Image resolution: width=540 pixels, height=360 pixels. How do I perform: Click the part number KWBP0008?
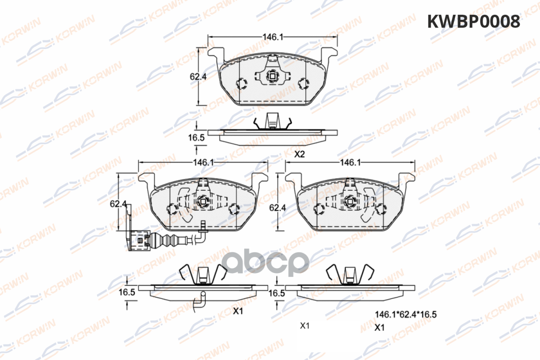pyautogui.click(x=474, y=22)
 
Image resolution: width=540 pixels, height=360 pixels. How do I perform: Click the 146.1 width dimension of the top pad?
pyautogui.click(x=273, y=37)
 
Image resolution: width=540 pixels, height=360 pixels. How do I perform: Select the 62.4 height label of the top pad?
pyautogui.click(x=198, y=76)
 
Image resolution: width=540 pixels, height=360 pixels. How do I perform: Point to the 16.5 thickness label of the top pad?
pyautogui.click(x=196, y=138)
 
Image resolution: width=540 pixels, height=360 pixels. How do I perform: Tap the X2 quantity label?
pyautogui.click(x=299, y=154)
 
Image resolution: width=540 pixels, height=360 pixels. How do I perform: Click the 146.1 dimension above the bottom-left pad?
pyautogui.click(x=203, y=162)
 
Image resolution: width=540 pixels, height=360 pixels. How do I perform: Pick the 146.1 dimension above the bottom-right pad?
pyautogui.click(x=350, y=162)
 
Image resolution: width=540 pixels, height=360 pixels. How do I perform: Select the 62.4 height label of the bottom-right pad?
pyautogui.click(x=278, y=207)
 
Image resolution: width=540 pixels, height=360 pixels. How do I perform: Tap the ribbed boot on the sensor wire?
pyautogui.click(x=169, y=240)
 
